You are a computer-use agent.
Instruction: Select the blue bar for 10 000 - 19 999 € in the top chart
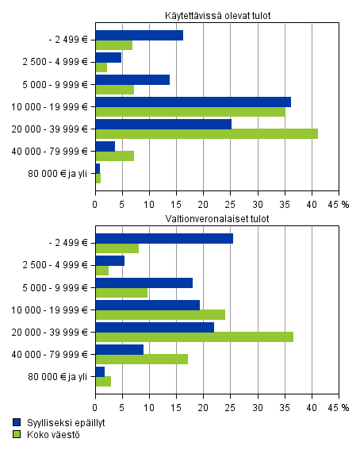click(x=193, y=102)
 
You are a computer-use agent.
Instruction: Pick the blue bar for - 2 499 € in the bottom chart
click(x=164, y=238)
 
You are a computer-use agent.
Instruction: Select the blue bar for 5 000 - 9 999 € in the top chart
click(x=132, y=79)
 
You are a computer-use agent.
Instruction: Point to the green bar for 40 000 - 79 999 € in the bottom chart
click(x=141, y=359)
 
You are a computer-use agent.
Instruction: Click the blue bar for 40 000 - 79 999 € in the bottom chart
click(x=119, y=349)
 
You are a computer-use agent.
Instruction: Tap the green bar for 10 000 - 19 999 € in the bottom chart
click(x=160, y=314)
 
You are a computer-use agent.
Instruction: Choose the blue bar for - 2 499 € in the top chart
click(x=139, y=35)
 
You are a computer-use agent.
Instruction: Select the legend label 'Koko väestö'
click(x=52, y=434)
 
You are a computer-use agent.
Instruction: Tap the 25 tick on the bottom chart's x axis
click(x=230, y=407)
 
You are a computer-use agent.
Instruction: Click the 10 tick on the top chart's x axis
click(x=149, y=203)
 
